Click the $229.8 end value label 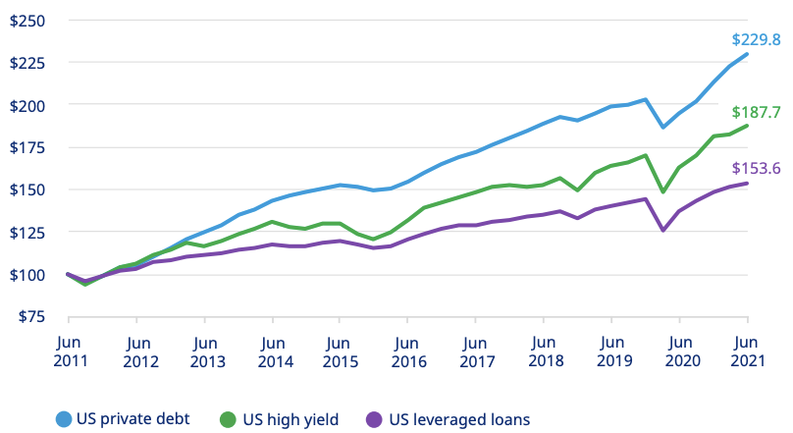point(756,40)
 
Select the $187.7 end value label point(756,112)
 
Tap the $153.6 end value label point(756,169)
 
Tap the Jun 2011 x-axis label point(69,352)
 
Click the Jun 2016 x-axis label point(407,352)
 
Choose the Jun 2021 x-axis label point(747,352)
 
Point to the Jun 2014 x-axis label point(272,352)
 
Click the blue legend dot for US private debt point(65,419)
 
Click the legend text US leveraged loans point(459,419)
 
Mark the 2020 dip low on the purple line point(663,231)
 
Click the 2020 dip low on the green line point(663,192)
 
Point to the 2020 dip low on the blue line point(663,127)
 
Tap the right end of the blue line point(748,54)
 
